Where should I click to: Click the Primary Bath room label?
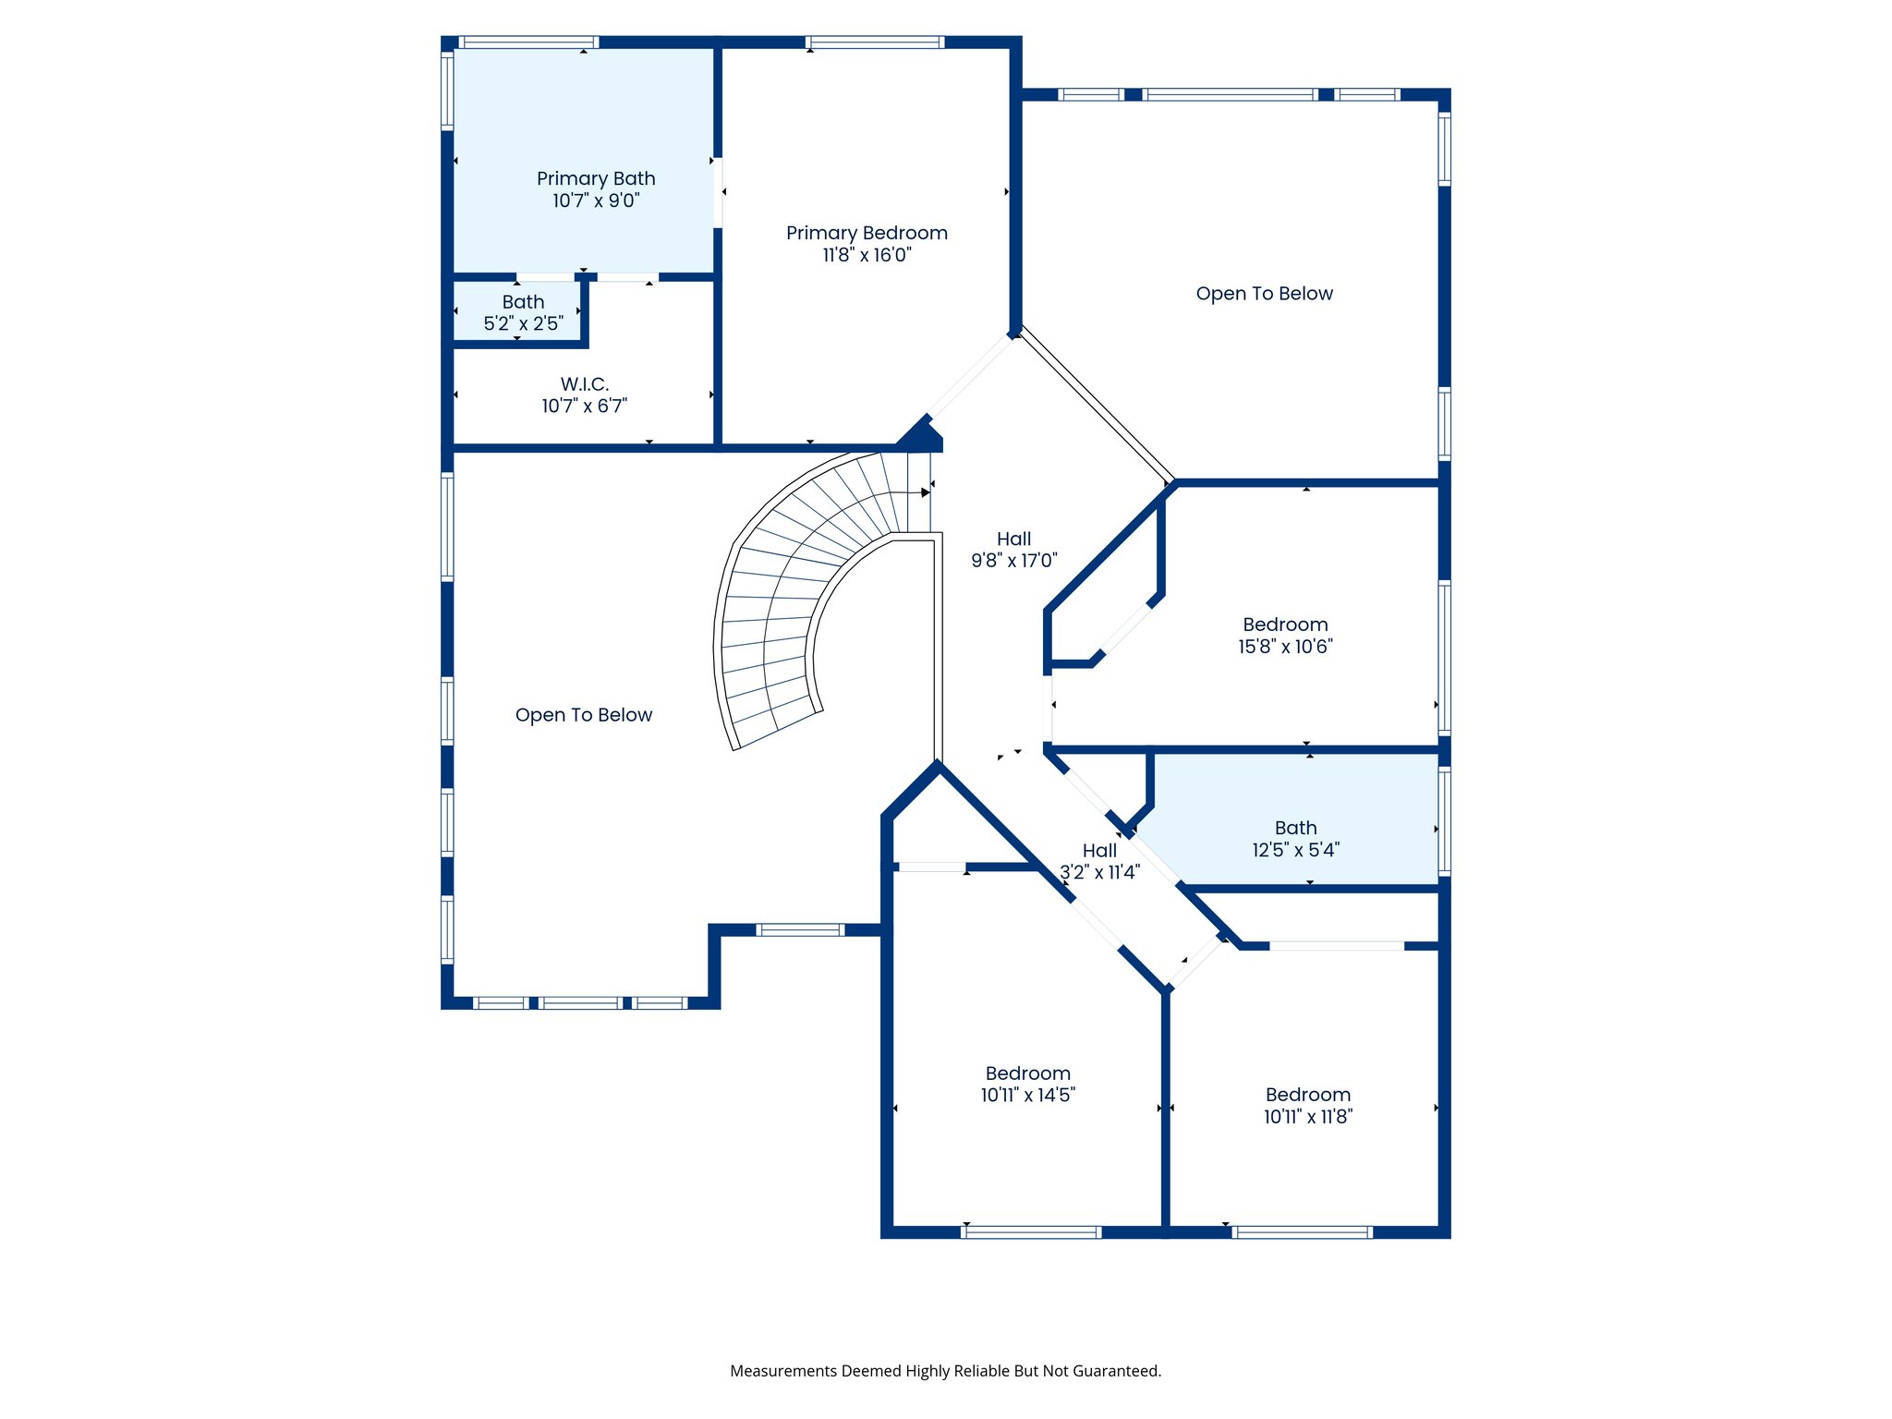596,178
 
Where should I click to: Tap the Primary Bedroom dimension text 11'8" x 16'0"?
867,255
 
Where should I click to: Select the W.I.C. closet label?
584,383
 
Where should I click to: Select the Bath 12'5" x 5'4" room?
1295,838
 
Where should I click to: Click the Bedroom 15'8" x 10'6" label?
1285,635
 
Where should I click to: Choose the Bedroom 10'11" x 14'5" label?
1027,1084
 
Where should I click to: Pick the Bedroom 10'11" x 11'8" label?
1307,1105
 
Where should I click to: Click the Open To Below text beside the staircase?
583,715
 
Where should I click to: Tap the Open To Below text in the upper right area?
1264,294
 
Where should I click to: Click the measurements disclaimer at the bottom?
945,1371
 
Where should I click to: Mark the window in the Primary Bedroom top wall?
874,42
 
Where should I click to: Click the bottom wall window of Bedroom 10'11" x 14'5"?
1031,1231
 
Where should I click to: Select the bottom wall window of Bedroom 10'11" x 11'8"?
1302,1231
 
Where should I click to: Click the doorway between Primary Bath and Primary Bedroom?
718,192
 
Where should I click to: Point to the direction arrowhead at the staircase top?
926,492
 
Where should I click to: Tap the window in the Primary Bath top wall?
528,42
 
